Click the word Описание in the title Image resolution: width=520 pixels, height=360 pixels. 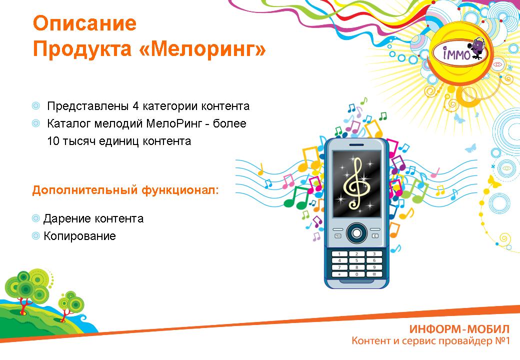[84, 23]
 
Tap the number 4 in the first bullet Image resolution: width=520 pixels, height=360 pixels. [135, 106]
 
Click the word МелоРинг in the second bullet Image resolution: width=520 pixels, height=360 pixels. [174, 123]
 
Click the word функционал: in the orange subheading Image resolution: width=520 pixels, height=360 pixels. [180, 190]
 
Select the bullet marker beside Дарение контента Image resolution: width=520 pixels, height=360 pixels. [35, 218]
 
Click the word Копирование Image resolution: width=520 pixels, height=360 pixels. [79, 236]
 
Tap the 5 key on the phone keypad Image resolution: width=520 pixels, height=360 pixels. [356, 260]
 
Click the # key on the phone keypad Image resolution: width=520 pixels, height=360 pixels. [374, 274]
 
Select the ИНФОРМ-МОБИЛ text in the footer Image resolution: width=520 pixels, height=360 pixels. [459, 329]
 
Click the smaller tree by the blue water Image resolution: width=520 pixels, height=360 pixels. [70, 303]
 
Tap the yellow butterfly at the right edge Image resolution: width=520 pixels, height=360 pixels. [494, 181]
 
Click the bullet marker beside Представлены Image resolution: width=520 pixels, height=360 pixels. [35, 106]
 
